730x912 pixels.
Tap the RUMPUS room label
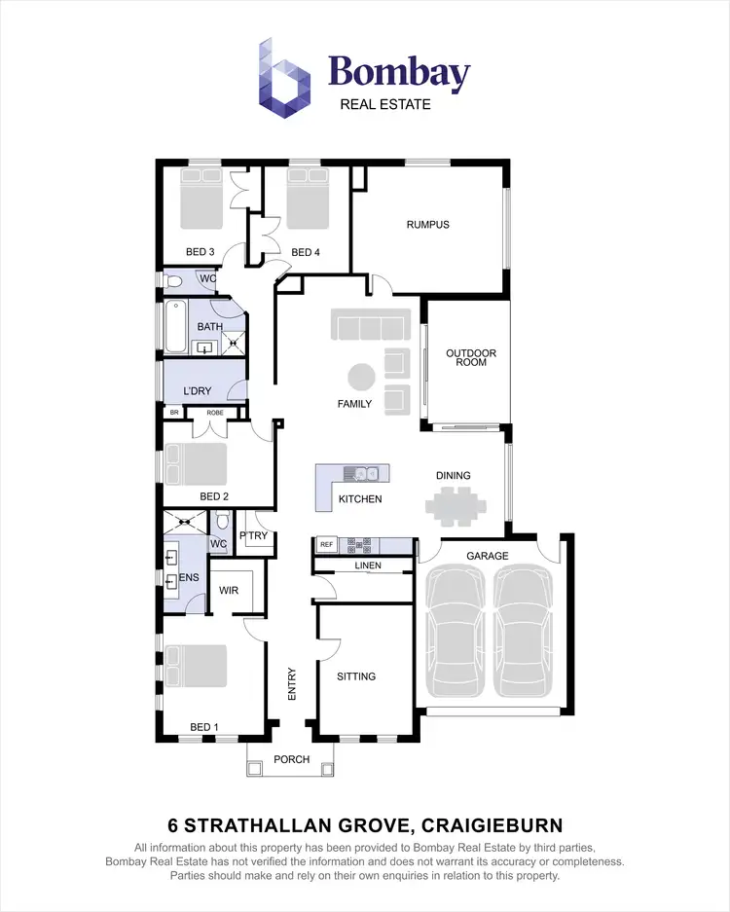427,225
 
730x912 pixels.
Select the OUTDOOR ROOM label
471,357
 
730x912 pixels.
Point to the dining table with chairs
455,505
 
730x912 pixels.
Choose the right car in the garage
524,634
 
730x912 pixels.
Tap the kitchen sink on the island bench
367,474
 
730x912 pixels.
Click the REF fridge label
326,544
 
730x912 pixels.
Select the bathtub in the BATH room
175,327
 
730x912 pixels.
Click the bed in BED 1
195,668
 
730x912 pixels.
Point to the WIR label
230,590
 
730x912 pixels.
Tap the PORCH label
291,759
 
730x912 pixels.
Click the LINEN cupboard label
369,565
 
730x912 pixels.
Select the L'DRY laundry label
198,391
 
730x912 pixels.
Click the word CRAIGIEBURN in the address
493,826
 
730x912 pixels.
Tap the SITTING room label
356,675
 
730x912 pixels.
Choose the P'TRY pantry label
255,536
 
